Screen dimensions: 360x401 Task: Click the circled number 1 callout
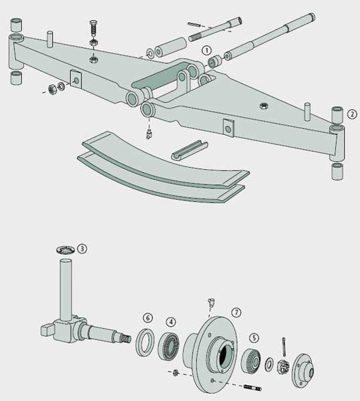(206, 50)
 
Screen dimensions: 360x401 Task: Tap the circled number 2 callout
(352, 114)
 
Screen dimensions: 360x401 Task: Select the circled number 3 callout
(82, 249)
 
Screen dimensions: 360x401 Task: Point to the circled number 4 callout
(171, 322)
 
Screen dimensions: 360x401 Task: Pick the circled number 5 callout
(254, 338)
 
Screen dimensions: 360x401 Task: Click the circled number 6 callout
(148, 318)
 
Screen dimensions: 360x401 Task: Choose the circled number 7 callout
(236, 312)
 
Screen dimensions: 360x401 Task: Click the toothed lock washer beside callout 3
(65, 249)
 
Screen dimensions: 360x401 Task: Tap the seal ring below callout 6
(145, 342)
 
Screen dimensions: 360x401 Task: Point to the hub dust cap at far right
(303, 371)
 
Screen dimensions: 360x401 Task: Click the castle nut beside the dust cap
(283, 367)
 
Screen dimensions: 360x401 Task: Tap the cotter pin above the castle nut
(284, 347)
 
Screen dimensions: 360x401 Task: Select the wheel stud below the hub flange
(252, 388)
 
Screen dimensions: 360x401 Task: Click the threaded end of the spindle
(126, 339)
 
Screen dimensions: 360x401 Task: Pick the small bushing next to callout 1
(214, 61)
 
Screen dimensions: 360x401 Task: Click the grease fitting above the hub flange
(211, 302)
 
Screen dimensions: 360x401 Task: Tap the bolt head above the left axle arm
(94, 23)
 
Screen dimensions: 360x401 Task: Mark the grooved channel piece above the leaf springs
(189, 150)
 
